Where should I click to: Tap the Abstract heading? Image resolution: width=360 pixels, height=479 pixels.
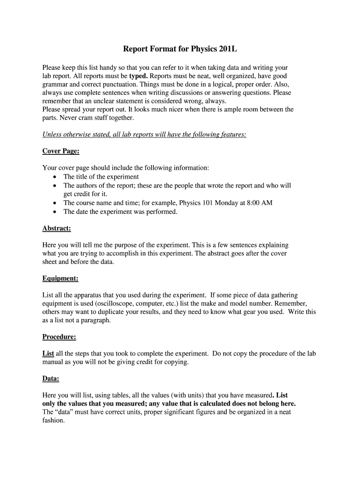coord(57,228)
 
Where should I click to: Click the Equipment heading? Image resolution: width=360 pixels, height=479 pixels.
coord(60,278)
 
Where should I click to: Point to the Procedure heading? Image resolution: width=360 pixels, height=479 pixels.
coord(59,337)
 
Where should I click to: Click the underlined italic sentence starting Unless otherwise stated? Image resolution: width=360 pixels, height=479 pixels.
coord(144,135)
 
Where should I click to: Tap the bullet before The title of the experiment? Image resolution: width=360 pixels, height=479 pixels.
coord(56,177)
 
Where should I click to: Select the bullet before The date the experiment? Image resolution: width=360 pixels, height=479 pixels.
coord(56,211)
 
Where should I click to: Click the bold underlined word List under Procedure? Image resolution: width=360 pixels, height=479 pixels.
coord(48,354)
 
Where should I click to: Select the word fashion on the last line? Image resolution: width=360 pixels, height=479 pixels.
coord(53,421)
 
